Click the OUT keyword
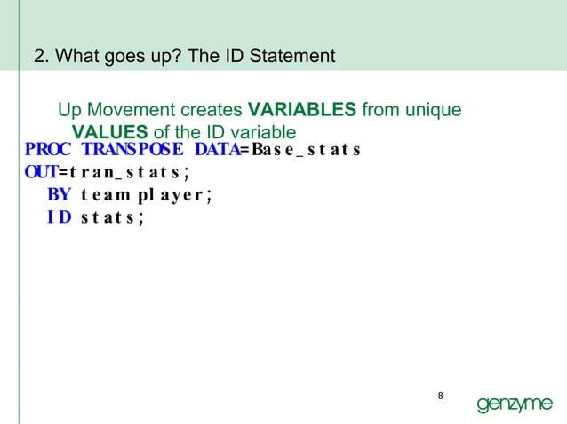click(x=41, y=172)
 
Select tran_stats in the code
click(x=134, y=172)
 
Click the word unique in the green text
click(x=435, y=112)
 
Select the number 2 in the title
click(x=38, y=58)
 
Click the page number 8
click(x=442, y=395)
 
